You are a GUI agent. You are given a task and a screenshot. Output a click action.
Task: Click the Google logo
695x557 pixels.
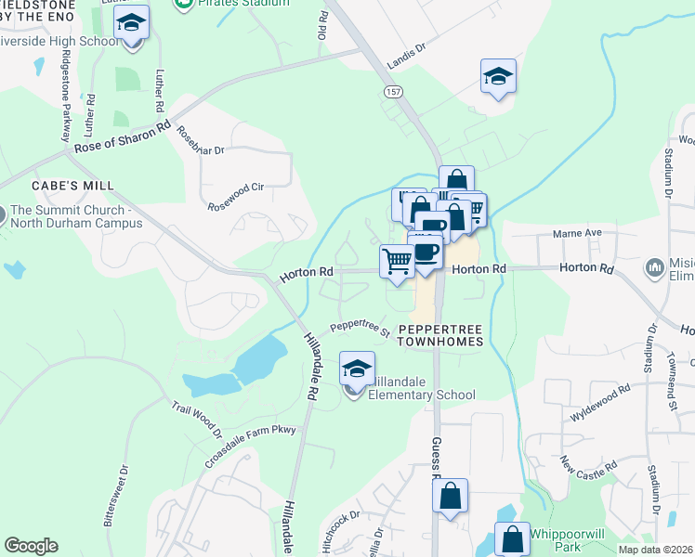pos(31,546)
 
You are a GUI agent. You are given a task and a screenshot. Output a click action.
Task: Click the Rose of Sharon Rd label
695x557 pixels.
pos(123,136)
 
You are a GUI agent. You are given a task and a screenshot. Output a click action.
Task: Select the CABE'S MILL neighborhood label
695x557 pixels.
pos(72,186)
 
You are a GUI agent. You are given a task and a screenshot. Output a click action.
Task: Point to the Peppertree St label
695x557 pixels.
pos(360,328)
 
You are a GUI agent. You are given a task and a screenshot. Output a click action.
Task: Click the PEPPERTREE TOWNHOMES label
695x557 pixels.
pos(440,335)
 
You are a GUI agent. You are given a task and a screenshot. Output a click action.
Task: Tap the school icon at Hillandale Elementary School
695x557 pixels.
pos(357,370)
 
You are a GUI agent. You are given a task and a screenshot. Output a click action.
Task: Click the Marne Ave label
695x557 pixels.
pos(578,233)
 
